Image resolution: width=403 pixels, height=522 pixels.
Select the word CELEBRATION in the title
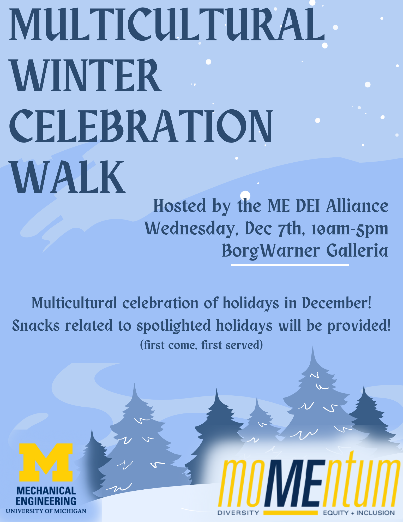[x=141, y=126]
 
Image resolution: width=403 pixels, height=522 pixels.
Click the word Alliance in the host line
[x=357, y=206]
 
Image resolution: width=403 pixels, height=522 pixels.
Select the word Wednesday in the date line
[x=190, y=229]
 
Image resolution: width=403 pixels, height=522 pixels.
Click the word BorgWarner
[x=271, y=251]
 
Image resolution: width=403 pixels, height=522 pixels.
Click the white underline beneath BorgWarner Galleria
[x=290, y=265]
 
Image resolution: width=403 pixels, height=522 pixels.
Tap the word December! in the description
[x=336, y=303]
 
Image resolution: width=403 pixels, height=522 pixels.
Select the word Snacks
[x=36, y=326]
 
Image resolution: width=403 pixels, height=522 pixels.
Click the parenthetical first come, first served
[x=201, y=345]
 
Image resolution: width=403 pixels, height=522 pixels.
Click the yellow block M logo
[x=46, y=462]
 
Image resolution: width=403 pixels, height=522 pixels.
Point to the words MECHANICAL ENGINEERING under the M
[x=46, y=496]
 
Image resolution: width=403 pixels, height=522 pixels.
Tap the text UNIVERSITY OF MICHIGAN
[x=46, y=511]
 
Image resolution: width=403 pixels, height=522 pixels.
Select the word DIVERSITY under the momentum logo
[x=238, y=513]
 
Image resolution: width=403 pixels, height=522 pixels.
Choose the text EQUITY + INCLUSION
[x=359, y=513]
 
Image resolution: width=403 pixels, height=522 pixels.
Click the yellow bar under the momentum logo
[x=290, y=513]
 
